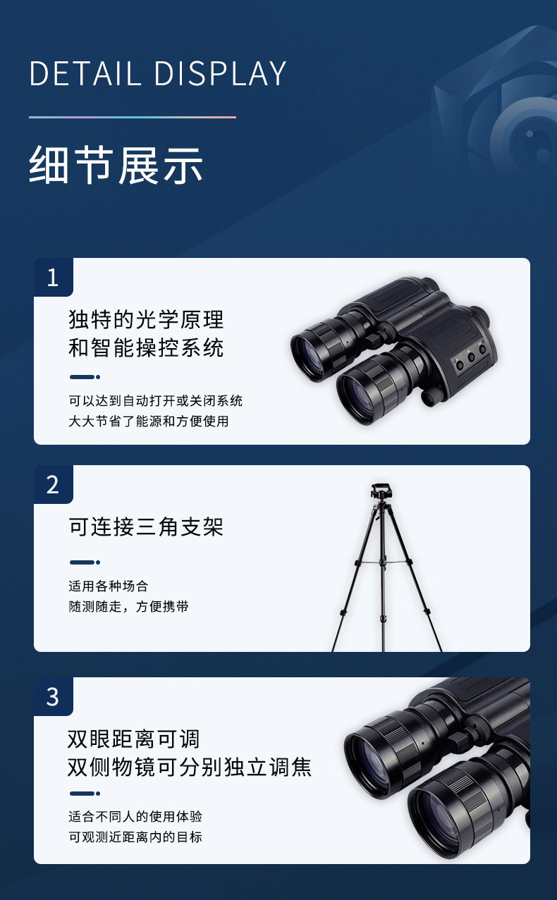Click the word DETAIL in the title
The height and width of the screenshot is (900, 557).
tap(85, 73)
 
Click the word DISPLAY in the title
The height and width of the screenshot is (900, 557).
tap(220, 73)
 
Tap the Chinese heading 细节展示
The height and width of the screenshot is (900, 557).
tap(116, 165)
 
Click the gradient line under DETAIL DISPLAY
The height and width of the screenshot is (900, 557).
tap(133, 117)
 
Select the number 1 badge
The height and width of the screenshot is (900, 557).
tap(53, 277)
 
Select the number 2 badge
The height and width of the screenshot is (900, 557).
tap(53, 485)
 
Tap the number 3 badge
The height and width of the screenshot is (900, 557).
tap(53, 696)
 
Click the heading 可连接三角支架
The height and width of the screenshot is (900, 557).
tap(146, 526)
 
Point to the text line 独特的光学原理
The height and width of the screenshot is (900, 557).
tap(146, 319)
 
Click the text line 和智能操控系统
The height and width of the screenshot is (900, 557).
tap(146, 347)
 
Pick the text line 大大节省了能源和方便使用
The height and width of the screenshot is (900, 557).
tap(149, 421)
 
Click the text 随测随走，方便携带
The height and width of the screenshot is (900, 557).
tap(128, 606)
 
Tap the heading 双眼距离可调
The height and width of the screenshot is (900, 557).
tap(134, 739)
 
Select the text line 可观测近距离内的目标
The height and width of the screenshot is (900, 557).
tap(135, 837)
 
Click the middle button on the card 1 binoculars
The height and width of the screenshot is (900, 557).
tap(471, 356)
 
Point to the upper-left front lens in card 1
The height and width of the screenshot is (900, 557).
tap(308, 355)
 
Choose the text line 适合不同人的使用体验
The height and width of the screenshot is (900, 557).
tap(135, 816)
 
